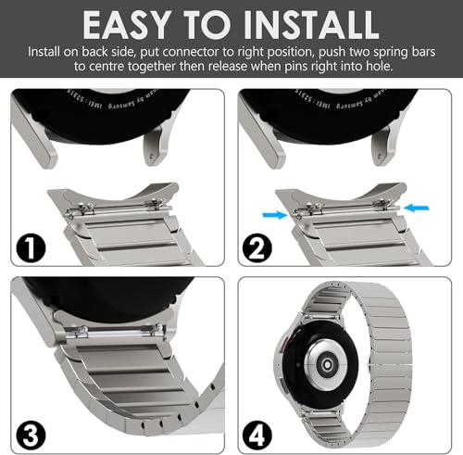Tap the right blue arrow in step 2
coord(419,183)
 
